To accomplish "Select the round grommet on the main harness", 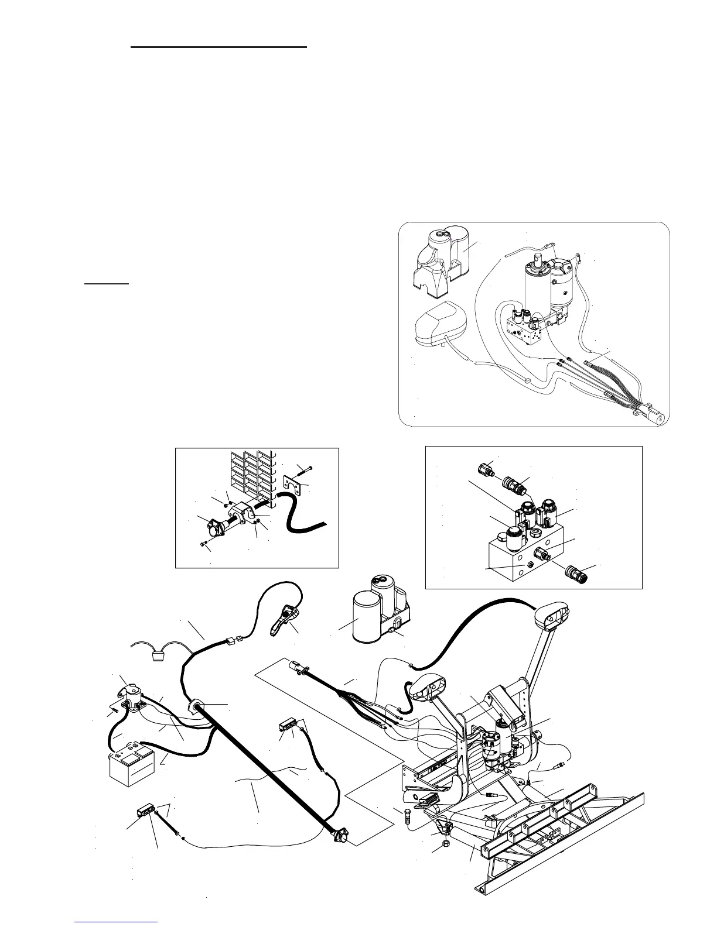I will (x=193, y=706).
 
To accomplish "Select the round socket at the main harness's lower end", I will (x=337, y=837).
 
